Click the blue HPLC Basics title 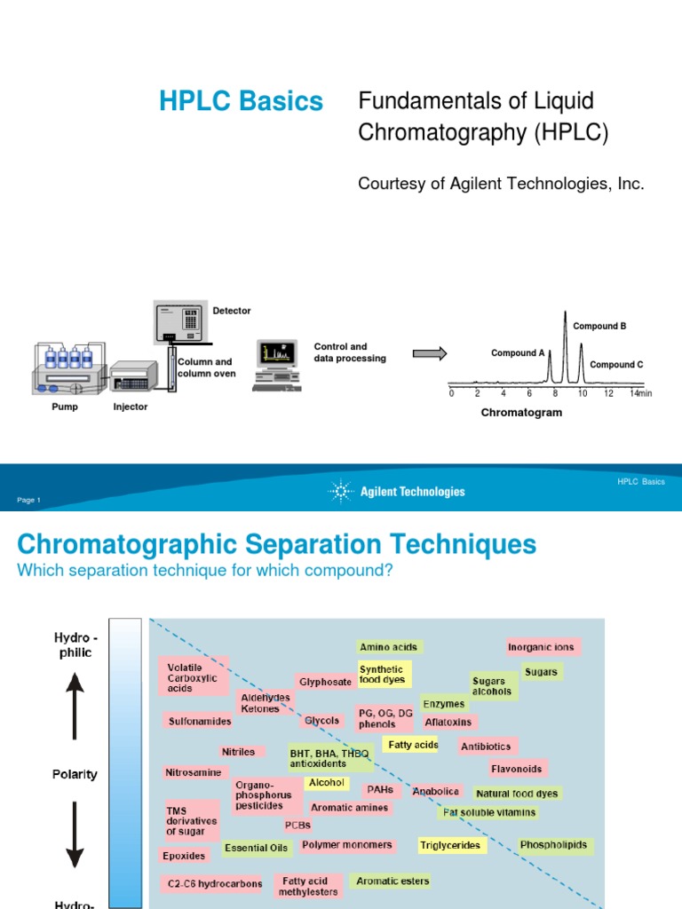pyautogui.click(x=241, y=102)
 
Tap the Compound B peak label pyautogui.click(x=599, y=326)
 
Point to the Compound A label pyautogui.click(x=518, y=353)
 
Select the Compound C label pyautogui.click(x=616, y=365)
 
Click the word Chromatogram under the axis pyautogui.click(x=521, y=413)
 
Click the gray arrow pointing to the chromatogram pyautogui.click(x=430, y=353)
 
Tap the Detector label pyautogui.click(x=231, y=311)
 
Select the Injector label pyautogui.click(x=131, y=407)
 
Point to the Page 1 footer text pyautogui.click(x=28, y=501)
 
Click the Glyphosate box pyautogui.click(x=325, y=682)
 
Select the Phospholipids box pyautogui.click(x=553, y=845)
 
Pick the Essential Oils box pyautogui.click(x=257, y=848)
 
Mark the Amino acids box pyautogui.click(x=388, y=647)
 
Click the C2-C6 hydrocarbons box pyautogui.click(x=214, y=883)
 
